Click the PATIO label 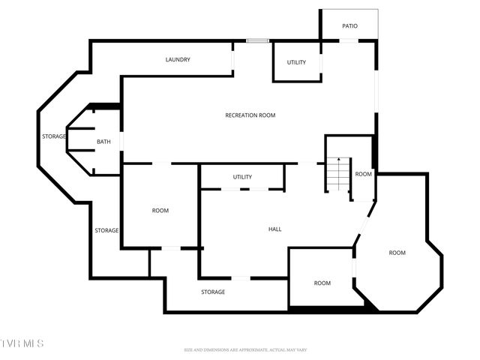point(349,26)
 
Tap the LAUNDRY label point(178,59)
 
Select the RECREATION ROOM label point(250,115)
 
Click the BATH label point(104,142)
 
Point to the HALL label point(274,229)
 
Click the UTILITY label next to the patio point(296,62)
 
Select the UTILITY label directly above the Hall point(242,177)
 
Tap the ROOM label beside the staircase point(363,174)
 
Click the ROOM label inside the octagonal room point(397,253)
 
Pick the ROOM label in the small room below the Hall point(322,283)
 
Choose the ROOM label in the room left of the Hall point(160,211)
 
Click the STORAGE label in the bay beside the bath point(53,136)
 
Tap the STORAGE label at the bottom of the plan point(212,292)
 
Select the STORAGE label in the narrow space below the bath point(106,230)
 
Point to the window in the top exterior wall point(258,40)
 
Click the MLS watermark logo point(22,343)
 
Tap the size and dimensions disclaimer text point(245,349)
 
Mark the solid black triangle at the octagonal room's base point(368,304)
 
